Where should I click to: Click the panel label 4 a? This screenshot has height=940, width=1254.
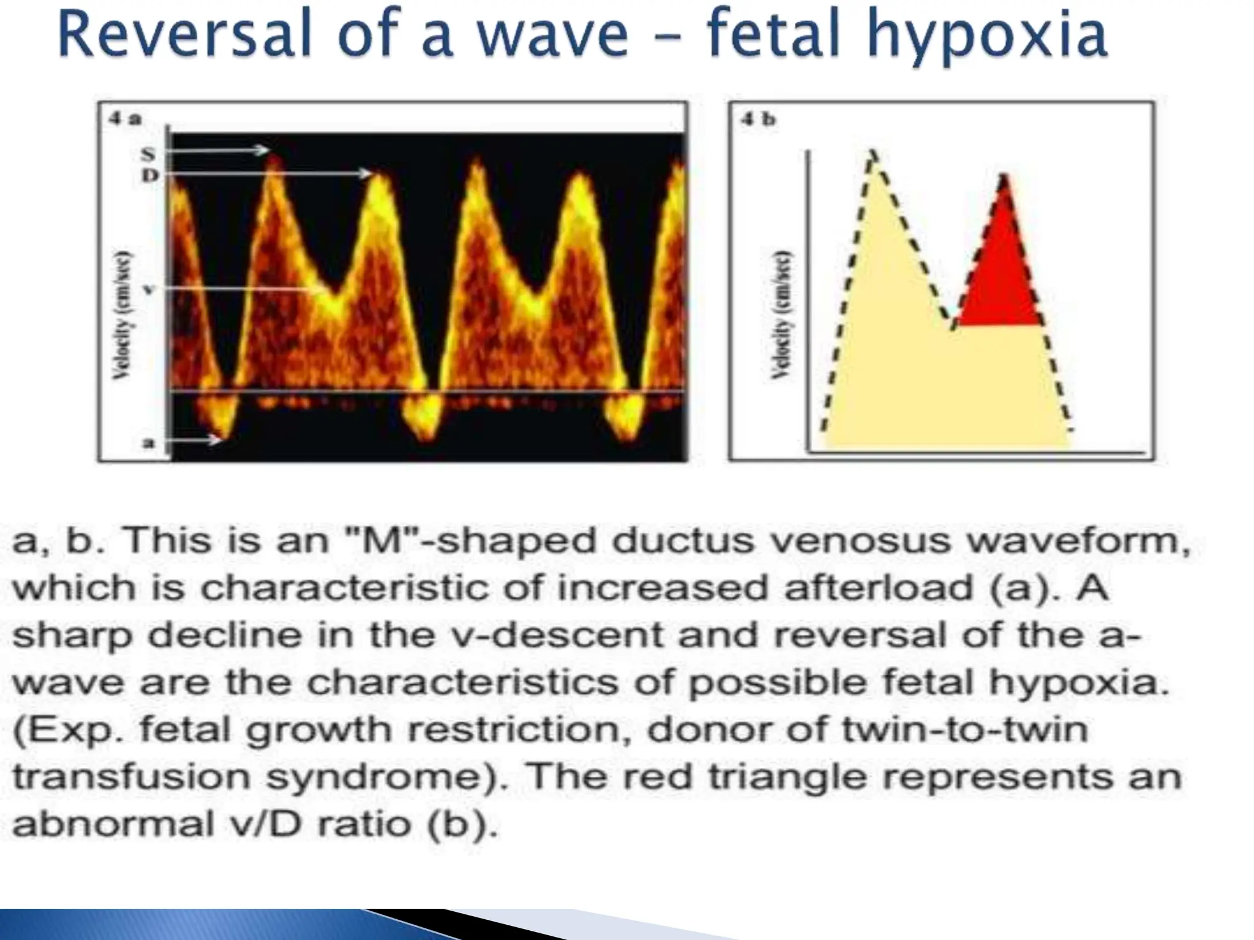[x=125, y=119]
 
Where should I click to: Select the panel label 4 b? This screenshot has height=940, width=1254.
[x=758, y=119]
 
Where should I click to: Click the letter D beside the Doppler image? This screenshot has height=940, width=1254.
[x=150, y=176]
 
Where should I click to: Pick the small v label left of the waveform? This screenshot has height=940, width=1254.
[x=148, y=289]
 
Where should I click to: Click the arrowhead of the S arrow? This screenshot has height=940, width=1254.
[x=263, y=151]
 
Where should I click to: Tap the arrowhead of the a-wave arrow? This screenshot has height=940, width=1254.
[x=216, y=439]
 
